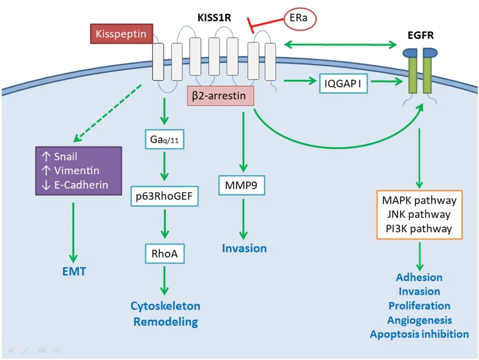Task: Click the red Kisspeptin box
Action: (x=122, y=34)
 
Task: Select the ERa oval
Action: (x=300, y=19)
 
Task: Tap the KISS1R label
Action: (x=214, y=18)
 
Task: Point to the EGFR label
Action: (x=421, y=35)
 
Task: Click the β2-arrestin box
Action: (x=220, y=96)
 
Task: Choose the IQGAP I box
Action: (x=343, y=83)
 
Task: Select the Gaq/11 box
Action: (x=164, y=139)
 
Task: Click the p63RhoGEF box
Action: (x=164, y=196)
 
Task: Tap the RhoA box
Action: (x=165, y=254)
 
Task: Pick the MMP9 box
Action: (x=242, y=185)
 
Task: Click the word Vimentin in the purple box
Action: (x=77, y=170)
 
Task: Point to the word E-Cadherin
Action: (x=81, y=185)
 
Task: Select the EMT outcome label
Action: (x=74, y=271)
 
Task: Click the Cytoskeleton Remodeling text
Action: (x=165, y=314)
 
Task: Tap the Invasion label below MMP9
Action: (x=244, y=248)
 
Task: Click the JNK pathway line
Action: (x=419, y=215)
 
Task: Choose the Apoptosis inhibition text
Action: (x=420, y=334)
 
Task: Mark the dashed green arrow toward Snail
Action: (x=107, y=113)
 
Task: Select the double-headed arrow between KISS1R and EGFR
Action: (x=340, y=45)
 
